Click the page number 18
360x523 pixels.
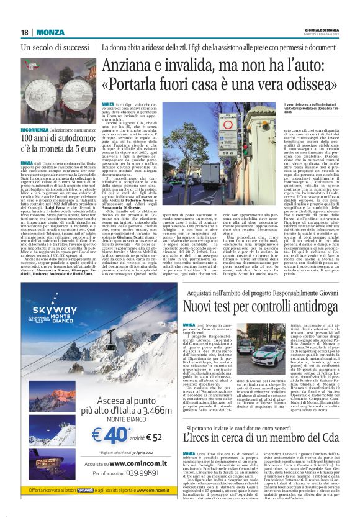25,32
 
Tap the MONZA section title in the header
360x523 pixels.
50,32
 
